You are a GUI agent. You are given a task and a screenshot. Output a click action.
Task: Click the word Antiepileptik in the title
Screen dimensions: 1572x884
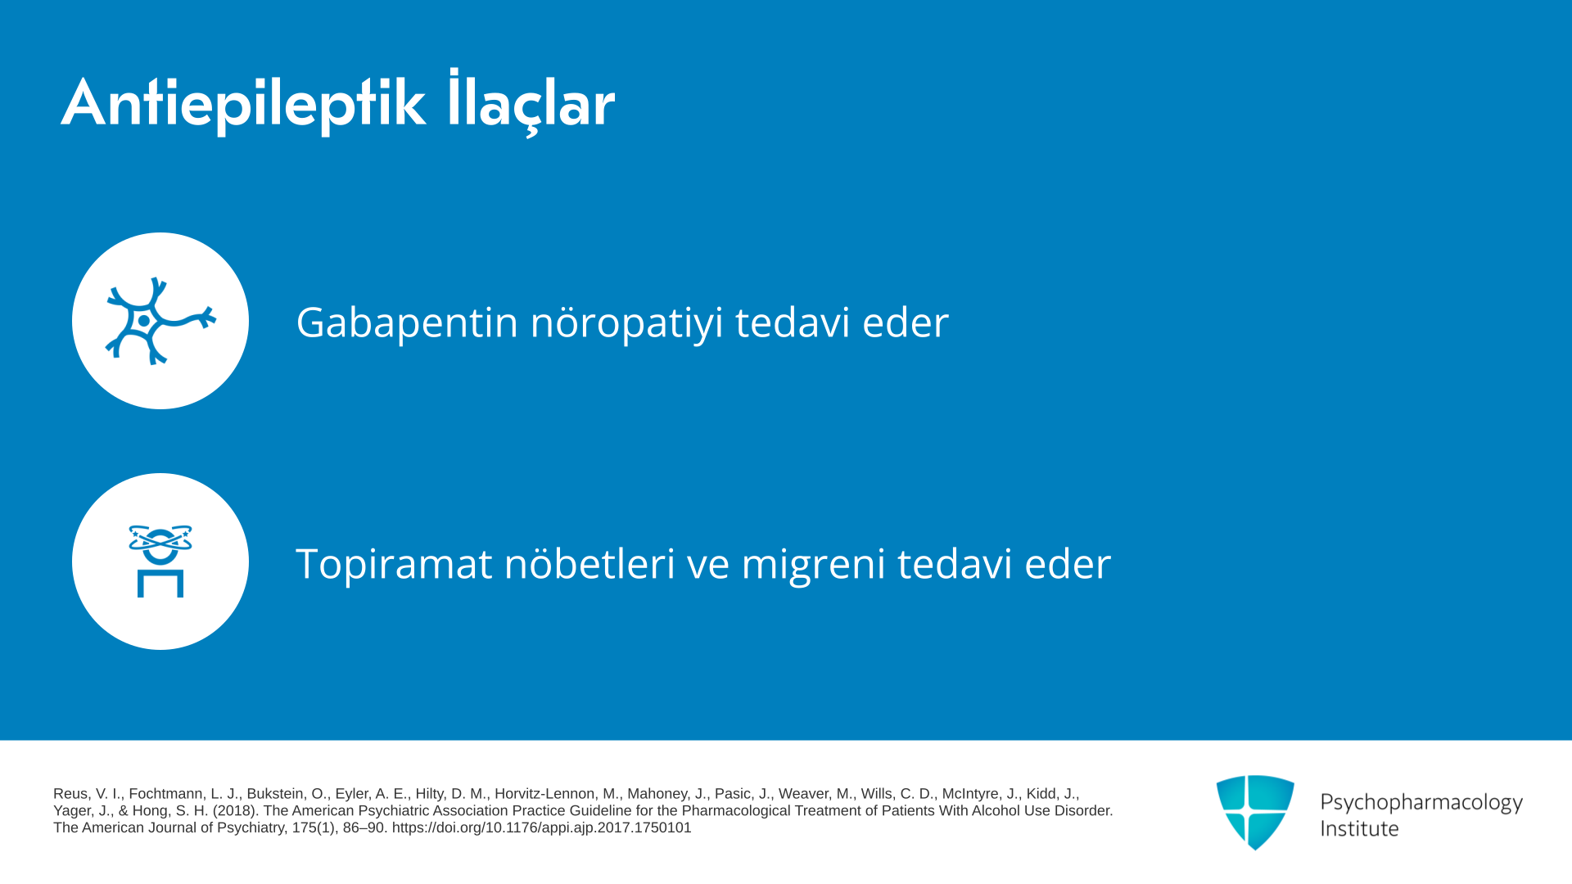click(x=243, y=104)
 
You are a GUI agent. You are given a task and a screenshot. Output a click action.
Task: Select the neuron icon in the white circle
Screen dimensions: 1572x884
click(x=160, y=321)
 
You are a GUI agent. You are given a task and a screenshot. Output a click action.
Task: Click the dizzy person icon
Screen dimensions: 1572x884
click(x=160, y=562)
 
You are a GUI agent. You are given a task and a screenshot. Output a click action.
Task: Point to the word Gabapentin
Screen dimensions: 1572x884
click(x=407, y=322)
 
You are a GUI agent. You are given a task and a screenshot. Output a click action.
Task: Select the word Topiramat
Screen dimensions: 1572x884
click(x=394, y=564)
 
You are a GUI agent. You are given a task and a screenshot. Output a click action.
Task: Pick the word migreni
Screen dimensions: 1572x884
click(x=813, y=564)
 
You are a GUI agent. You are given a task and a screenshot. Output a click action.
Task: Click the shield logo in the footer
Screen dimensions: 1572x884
click(x=1255, y=812)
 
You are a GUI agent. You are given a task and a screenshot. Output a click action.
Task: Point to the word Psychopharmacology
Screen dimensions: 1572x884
click(x=1421, y=802)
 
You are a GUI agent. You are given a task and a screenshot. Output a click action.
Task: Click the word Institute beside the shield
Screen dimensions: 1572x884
click(x=1359, y=828)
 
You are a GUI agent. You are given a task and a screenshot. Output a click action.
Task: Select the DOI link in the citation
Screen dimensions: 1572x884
click(x=541, y=828)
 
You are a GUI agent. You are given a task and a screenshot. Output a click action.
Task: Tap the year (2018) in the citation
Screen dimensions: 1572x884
click(x=236, y=810)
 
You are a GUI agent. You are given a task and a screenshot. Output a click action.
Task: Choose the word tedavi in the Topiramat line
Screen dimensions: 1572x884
click(x=955, y=564)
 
